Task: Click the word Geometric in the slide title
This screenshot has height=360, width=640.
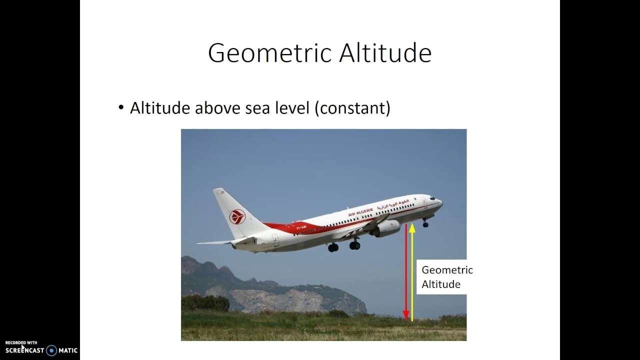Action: point(270,53)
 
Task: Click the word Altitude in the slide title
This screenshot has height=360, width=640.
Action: point(385,53)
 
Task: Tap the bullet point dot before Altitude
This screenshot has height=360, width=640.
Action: point(120,107)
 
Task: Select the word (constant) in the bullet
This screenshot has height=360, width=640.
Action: point(352,108)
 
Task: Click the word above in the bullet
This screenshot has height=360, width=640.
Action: point(217,108)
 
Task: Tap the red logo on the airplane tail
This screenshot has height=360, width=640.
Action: point(237,217)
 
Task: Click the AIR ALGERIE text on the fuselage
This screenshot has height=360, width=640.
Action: point(360,212)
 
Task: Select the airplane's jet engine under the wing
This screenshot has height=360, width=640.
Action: point(385,228)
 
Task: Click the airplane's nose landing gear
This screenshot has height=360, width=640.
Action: point(425,223)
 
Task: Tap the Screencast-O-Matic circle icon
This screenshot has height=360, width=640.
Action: point(51,350)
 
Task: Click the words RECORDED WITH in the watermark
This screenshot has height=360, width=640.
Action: point(21,342)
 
